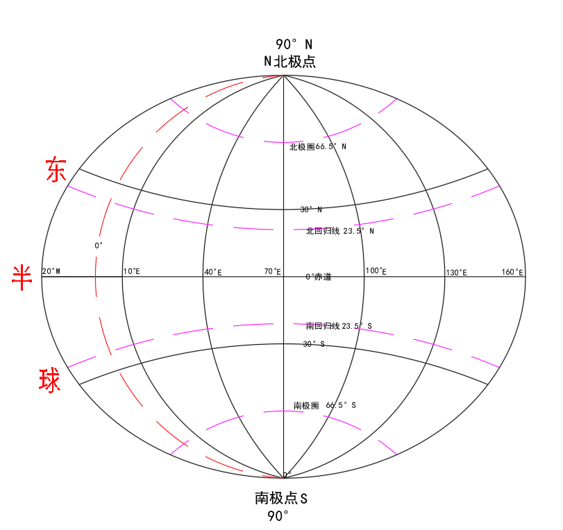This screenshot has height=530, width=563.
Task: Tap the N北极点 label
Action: tap(289, 62)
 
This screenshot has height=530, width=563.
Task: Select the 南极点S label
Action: tap(281, 498)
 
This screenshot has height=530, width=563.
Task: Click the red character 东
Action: tap(56, 170)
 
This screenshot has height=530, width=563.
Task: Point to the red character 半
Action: tap(23, 277)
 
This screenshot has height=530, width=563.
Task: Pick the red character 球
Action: tap(50, 381)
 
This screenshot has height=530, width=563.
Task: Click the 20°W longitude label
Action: tap(51, 271)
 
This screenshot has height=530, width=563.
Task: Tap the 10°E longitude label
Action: tap(132, 271)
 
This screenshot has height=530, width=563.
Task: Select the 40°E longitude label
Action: tap(212, 272)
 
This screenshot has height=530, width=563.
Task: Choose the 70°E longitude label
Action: tap(273, 271)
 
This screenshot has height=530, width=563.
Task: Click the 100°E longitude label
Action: tap(376, 271)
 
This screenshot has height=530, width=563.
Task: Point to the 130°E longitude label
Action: tap(456, 272)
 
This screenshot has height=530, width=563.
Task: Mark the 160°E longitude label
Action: tap(512, 272)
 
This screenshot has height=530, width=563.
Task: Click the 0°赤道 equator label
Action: tap(319, 277)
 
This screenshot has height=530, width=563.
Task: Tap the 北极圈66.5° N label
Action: tap(318, 147)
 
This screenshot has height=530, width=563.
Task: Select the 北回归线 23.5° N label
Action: tap(340, 231)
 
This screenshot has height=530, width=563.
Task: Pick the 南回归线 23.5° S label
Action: tap(339, 325)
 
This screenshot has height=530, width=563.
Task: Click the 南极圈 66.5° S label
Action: tap(325, 405)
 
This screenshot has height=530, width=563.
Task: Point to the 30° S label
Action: tap(313, 344)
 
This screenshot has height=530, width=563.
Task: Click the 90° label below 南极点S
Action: tap(278, 516)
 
